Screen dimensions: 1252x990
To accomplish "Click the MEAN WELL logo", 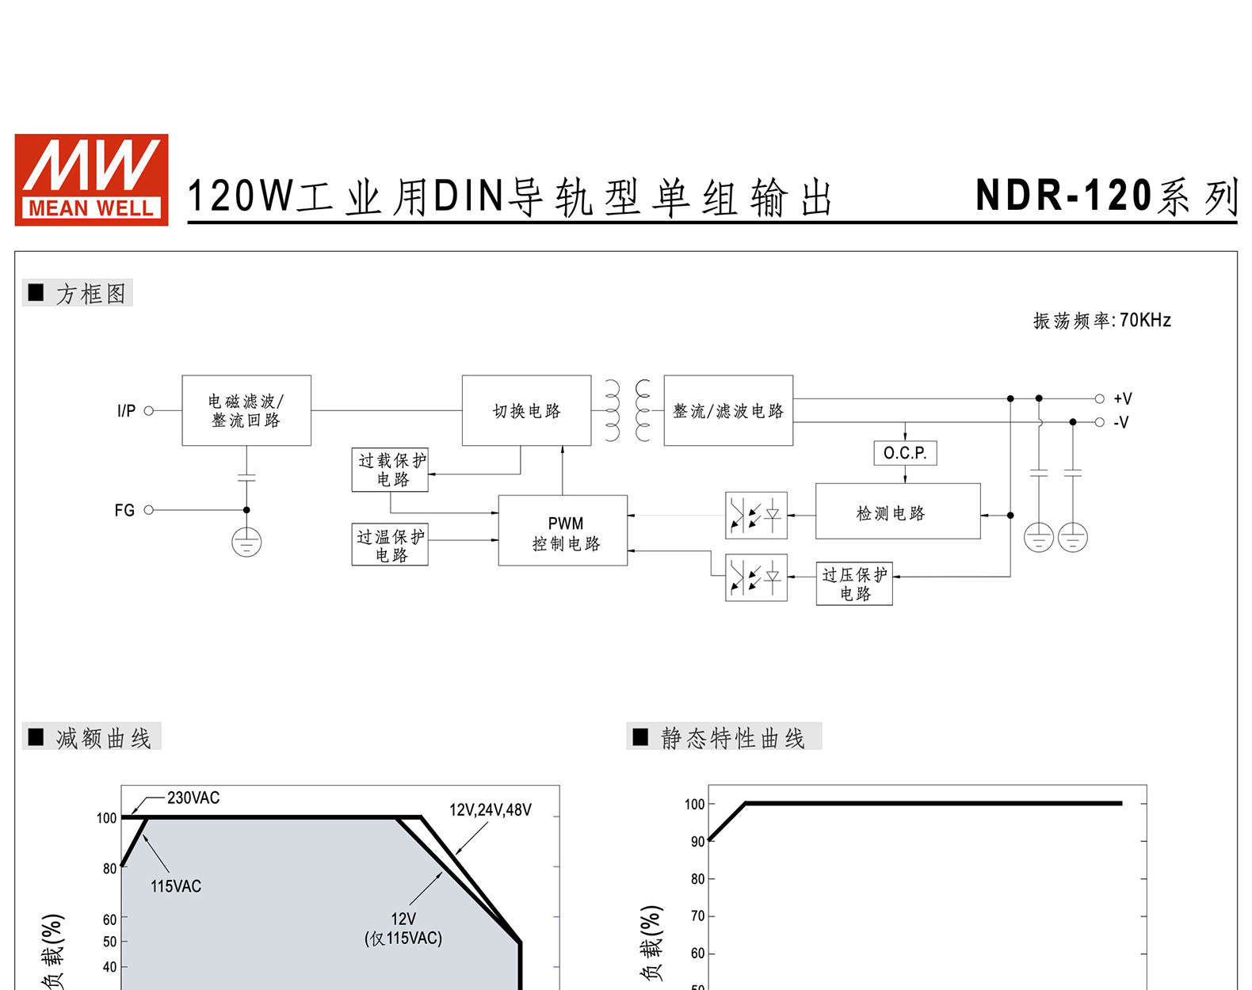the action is [x=91, y=180].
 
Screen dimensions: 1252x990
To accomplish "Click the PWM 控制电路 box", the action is [x=563, y=531].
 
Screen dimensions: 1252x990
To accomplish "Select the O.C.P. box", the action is [x=905, y=453].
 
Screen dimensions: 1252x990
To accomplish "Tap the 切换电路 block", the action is [x=526, y=411].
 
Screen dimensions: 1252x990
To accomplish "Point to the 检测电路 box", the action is [x=898, y=512].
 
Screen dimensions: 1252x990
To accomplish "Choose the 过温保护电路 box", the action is [x=390, y=544].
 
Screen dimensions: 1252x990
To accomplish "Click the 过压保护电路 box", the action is [x=854, y=584].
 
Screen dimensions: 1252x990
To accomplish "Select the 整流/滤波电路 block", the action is [x=728, y=411].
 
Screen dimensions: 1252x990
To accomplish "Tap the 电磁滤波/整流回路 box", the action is [x=246, y=411].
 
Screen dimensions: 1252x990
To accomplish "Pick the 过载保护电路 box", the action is [x=390, y=470].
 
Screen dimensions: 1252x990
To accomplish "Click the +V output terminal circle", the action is [x=1099, y=398].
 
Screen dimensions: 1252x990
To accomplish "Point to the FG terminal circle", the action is [x=148, y=510].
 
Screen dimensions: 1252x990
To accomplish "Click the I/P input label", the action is [x=126, y=411].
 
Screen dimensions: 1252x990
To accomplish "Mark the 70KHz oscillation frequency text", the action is [x=1145, y=321].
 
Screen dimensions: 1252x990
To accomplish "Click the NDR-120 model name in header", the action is [x=1063, y=195].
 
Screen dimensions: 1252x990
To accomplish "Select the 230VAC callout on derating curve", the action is [x=193, y=798].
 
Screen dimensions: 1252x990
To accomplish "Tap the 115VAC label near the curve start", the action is [x=176, y=886].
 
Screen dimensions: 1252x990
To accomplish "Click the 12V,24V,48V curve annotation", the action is [x=490, y=810].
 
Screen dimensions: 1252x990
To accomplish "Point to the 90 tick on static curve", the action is [x=697, y=842].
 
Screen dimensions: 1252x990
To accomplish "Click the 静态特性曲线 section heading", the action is [x=732, y=738].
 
